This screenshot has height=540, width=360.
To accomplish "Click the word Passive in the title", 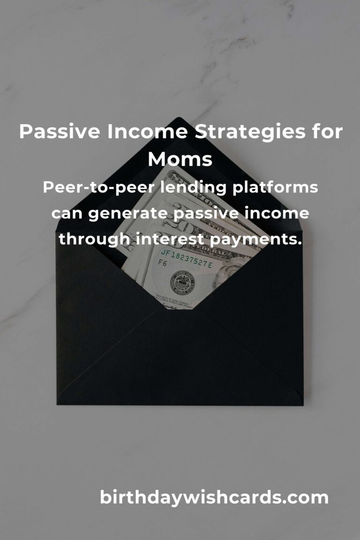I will click(x=60, y=133).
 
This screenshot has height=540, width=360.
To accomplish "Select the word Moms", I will click(x=180, y=160).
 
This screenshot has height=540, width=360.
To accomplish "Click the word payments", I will click(x=258, y=239).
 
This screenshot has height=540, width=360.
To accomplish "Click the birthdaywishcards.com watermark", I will click(x=214, y=497).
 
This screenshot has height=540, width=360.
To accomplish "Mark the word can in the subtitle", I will click(x=67, y=214).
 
